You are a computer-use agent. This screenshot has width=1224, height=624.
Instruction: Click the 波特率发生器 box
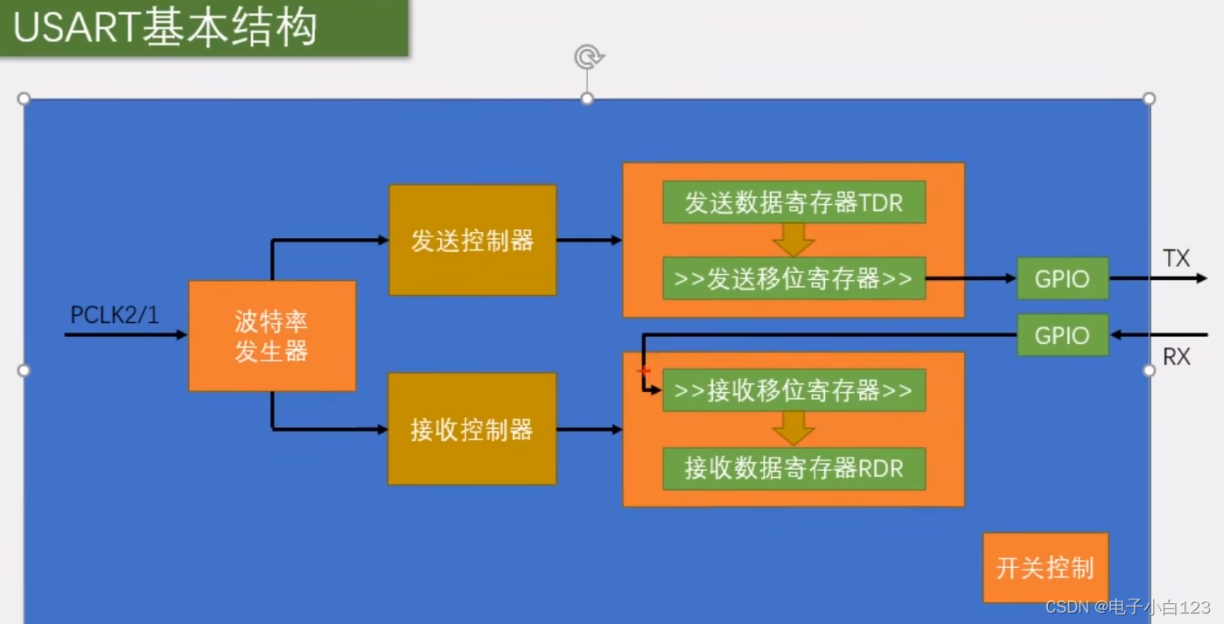click(272, 336)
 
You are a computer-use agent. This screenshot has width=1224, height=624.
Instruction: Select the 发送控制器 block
click(472, 240)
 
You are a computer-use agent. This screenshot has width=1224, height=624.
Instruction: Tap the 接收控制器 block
click(472, 429)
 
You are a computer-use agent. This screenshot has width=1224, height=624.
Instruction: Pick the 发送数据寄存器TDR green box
click(794, 203)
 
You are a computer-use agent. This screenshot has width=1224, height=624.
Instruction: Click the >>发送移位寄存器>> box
click(794, 279)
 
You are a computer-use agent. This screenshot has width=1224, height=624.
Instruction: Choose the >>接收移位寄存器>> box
click(794, 390)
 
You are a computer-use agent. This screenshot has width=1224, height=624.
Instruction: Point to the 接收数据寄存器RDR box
click(794, 468)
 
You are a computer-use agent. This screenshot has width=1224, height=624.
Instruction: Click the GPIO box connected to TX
click(1062, 279)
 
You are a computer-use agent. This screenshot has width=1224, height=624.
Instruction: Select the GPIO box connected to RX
click(1062, 335)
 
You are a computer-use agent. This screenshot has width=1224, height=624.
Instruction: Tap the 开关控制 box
click(1045, 568)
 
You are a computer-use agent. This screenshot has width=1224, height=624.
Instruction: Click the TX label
click(1177, 258)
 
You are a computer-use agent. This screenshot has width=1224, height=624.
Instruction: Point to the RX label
click(1177, 357)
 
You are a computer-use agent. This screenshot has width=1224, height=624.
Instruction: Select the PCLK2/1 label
click(115, 315)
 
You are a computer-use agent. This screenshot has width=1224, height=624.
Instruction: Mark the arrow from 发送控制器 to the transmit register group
click(589, 240)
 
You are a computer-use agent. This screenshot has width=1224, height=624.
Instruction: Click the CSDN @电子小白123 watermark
click(1128, 606)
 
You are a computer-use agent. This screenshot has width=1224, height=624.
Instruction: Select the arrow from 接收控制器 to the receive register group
click(589, 429)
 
